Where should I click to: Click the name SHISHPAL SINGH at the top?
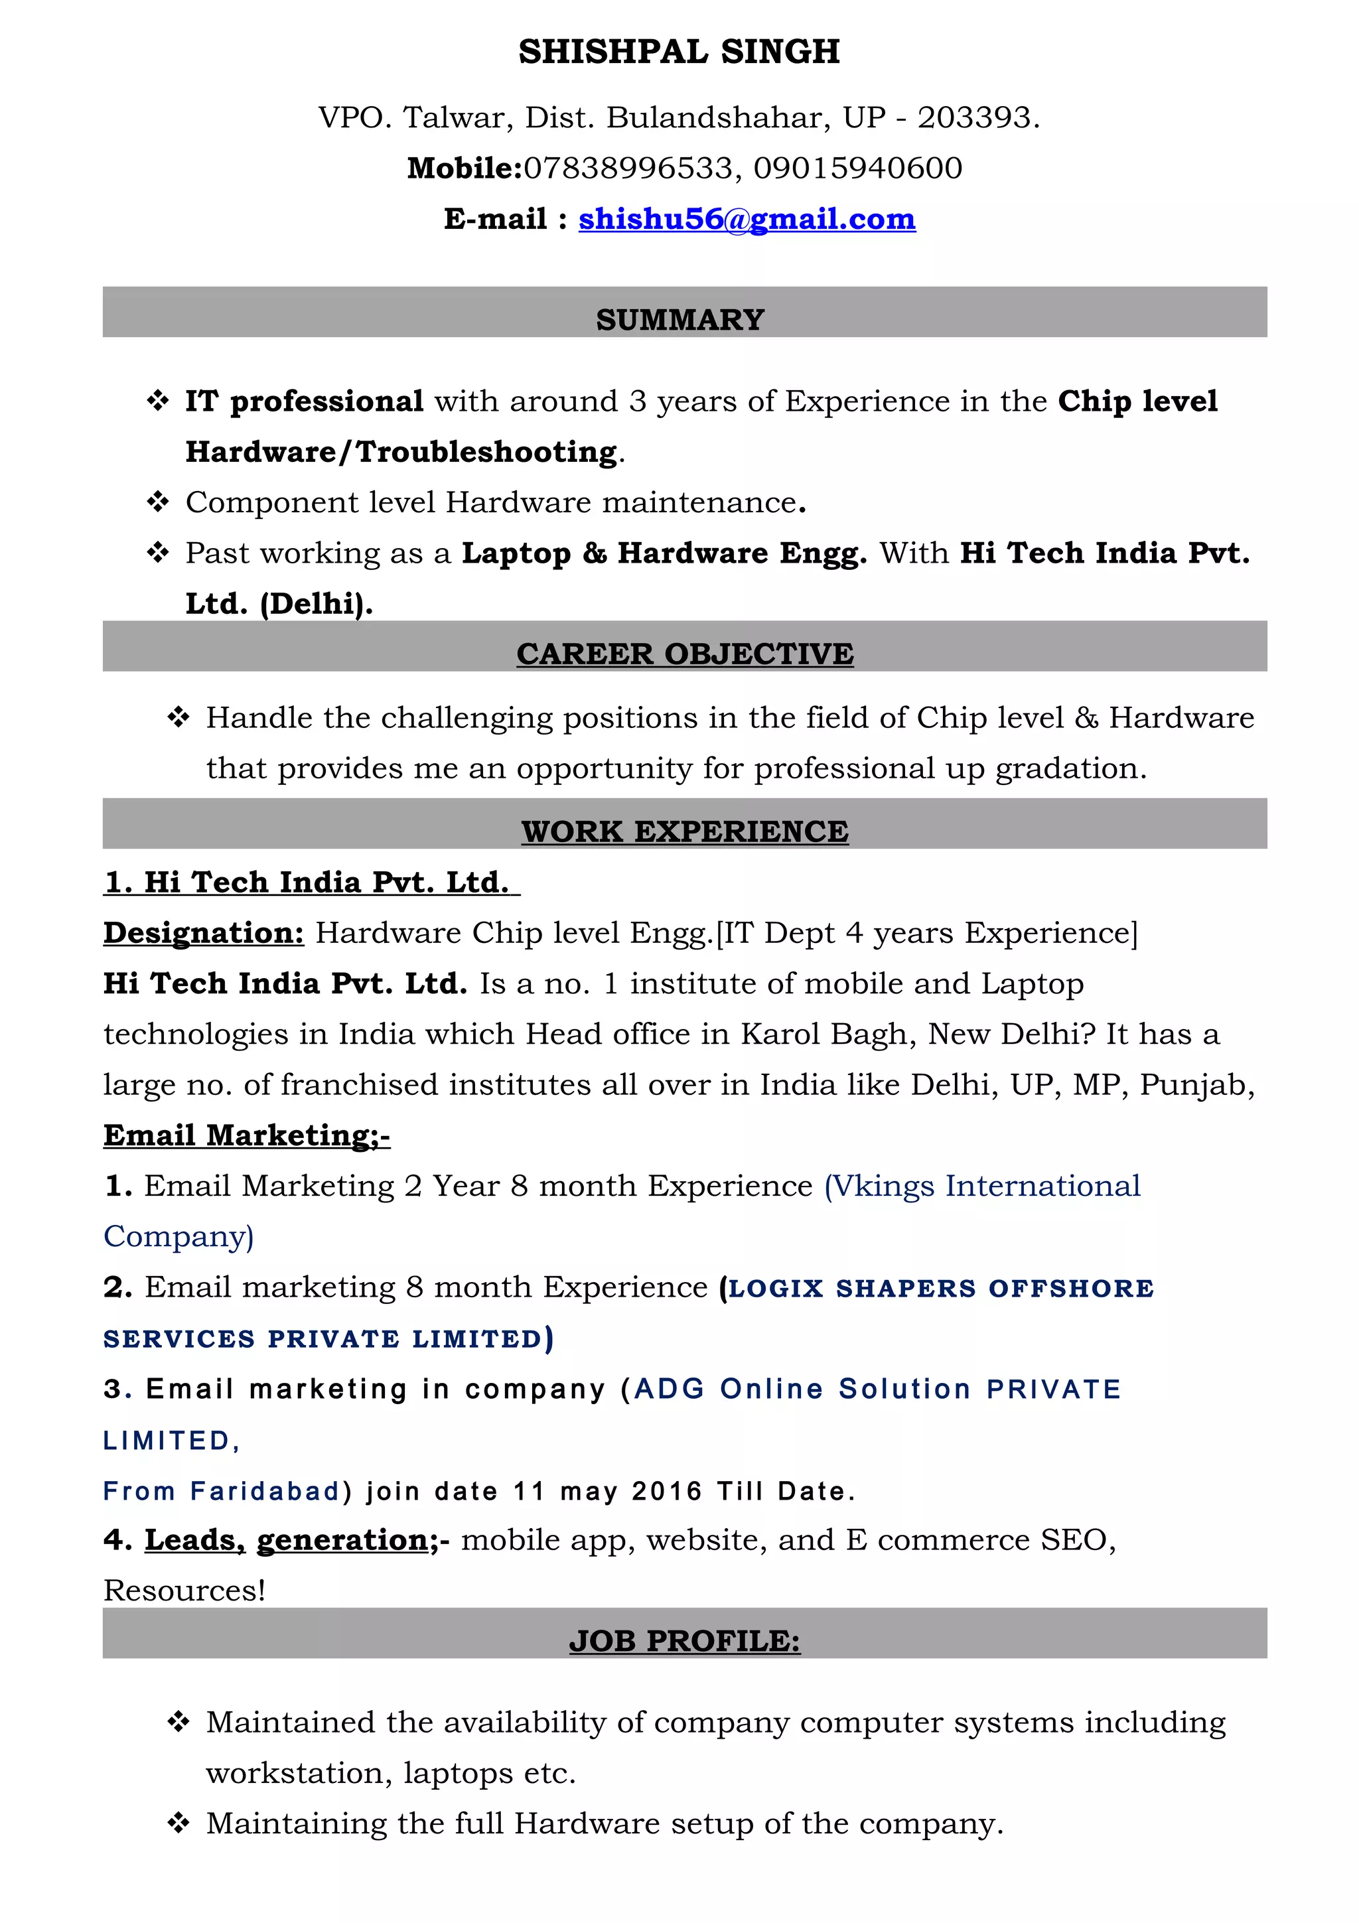click(x=678, y=52)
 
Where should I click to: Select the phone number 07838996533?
click(x=628, y=169)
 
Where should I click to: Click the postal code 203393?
click(x=975, y=117)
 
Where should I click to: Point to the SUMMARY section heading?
click(x=680, y=319)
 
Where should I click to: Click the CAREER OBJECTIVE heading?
click(x=684, y=654)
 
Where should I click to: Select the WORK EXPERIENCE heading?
click(x=684, y=831)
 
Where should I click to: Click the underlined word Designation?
click(x=204, y=932)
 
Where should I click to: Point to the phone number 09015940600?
click(x=857, y=169)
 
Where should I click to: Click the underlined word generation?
click(x=342, y=1539)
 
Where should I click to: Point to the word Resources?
click(x=184, y=1590)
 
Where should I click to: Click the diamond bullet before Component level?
click(x=157, y=502)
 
